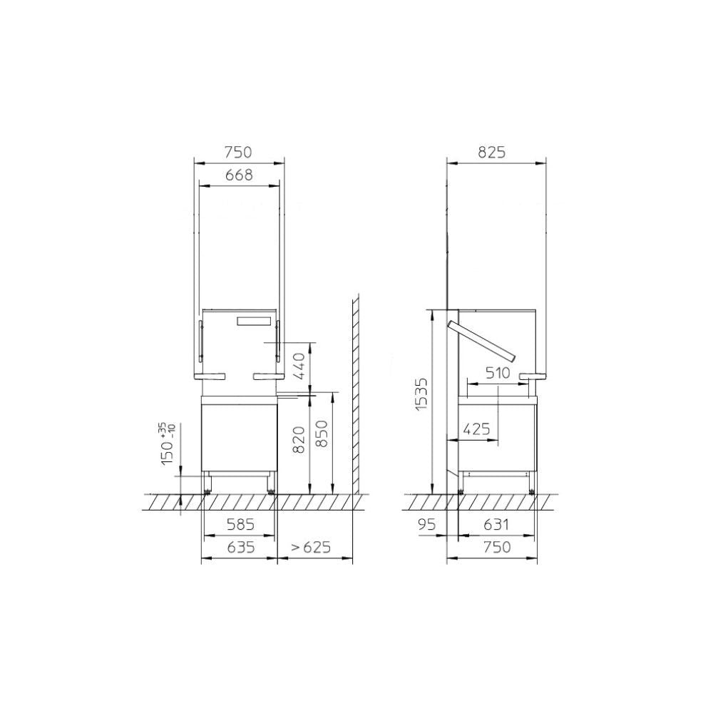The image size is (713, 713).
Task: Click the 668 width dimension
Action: pos(239,175)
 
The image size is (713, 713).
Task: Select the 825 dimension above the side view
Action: pos(491,153)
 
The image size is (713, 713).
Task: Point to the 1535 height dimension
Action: pos(422,394)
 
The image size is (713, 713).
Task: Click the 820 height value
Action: pos(298,440)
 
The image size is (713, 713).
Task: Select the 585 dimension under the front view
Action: pos(240,525)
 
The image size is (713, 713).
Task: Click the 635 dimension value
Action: pos(240,547)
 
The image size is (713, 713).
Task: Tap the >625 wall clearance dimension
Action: pos(311,547)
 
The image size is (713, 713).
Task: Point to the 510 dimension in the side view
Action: pos(498,373)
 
